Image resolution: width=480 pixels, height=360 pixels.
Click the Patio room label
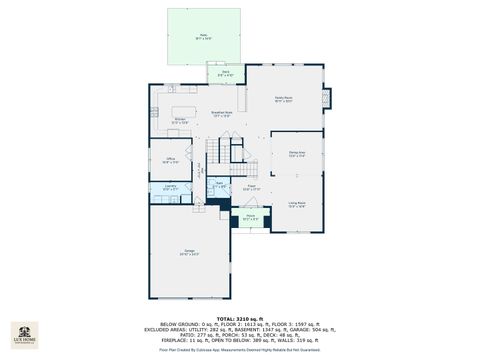click(204, 36)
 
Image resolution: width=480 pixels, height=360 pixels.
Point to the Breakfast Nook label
click(222, 113)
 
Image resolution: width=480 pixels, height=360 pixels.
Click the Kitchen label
click(181, 121)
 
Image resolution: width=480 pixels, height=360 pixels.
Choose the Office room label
click(171, 160)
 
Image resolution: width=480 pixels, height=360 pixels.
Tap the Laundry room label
click(171, 187)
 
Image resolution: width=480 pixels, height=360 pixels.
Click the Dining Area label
click(296, 155)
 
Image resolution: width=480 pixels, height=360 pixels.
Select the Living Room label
click(297, 204)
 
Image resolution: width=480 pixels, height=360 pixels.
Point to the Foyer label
click(253, 186)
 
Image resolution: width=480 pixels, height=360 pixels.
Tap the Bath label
click(220, 185)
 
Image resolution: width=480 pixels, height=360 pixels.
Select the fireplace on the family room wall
click(324, 99)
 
